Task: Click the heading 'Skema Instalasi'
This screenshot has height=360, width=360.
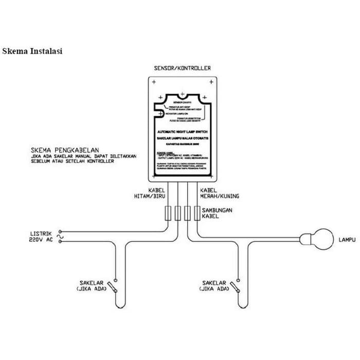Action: click(32, 51)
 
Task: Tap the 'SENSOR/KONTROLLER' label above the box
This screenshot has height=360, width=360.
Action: click(182, 68)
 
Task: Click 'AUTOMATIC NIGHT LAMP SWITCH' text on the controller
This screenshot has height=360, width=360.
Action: click(182, 132)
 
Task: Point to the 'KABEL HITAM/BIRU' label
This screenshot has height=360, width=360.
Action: click(158, 193)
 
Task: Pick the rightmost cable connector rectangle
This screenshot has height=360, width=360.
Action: click(196, 213)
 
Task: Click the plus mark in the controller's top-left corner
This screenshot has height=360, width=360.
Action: click(152, 81)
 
